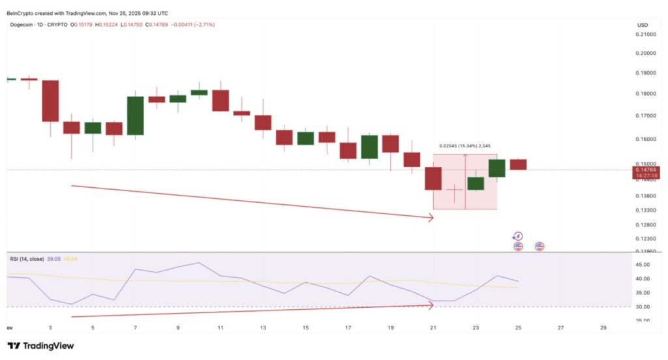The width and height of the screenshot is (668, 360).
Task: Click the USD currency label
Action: pyautogui.click(x=642, y=25)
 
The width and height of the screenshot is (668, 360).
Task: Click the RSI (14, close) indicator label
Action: pyautogui.click(x=27, y=259)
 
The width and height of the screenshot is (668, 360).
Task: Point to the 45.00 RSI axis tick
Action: pyautogui.click(x=643, y=265)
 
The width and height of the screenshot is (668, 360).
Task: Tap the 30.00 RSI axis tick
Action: pyautogui.click(x=643, y=307)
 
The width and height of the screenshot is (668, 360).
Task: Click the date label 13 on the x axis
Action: pyautogui.click(x=263, y=327)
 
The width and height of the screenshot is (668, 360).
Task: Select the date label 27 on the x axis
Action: pyautogui.click(x=561, y=327)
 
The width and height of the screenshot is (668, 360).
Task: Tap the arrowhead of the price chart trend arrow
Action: pyautogui.click(x=431, y=218)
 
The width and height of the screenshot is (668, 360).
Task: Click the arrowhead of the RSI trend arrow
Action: pyautogui.click(x=431, y=304)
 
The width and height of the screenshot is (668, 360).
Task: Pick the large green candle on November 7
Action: pyautogui.click(x=135, y=115)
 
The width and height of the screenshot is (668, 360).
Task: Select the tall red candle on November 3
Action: pyautogui.click(x=50, y=100)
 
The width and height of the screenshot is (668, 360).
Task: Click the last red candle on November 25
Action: pyautogui.click(x=518, y=164)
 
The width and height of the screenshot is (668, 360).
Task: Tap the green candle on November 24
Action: pyautogui.click(x=497, y=168)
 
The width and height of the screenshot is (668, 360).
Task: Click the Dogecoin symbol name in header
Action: pyautogui.click(x=23, y=25)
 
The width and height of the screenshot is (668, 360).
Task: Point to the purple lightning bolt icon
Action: pyautogui.click(x=518, y=236)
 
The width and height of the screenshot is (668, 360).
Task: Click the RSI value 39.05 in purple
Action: pyautogui.click(x=54, y=259)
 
